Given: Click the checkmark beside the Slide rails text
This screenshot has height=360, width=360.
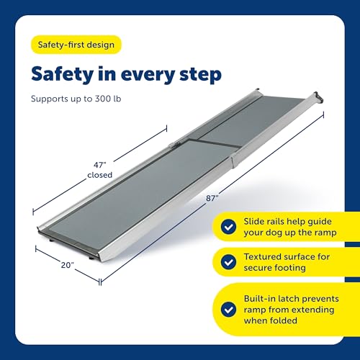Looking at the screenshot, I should click(229, 226).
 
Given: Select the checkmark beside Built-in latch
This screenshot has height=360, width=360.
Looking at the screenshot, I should click(229, 308).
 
